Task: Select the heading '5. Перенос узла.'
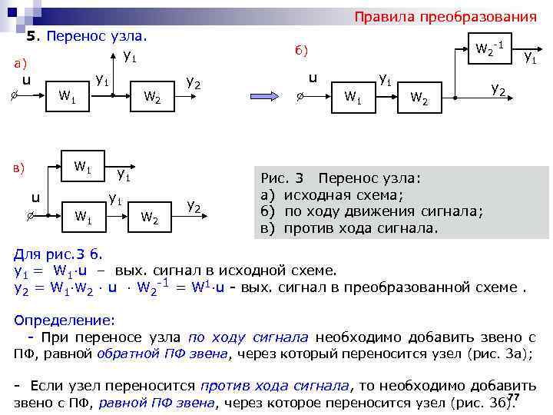coord(86,36)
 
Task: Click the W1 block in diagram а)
coord(67,97)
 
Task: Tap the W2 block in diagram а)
coord(152,97)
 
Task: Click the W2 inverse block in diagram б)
coord(489,51)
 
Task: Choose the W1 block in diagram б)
coord(353,97)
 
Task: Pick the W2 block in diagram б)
coord(419,98)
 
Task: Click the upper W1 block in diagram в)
coord(82,165)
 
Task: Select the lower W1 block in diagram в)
coord(83,217)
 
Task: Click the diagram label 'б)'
coord(301,50)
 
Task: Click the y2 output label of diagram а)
coord(194,82)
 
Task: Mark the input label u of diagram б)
coord(313,78)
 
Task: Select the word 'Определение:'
coord(65,319)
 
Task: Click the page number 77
coord(515,397)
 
